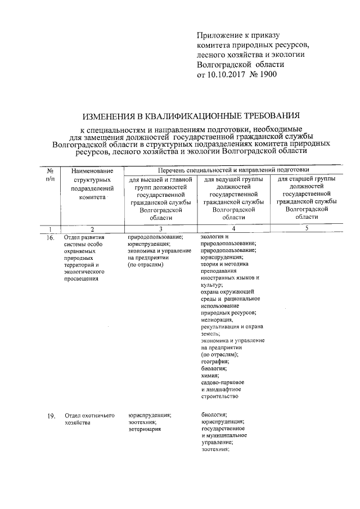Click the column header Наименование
pyautogui.click(x=92, y=170)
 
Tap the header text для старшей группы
pyautogui.click(x=307, y=178)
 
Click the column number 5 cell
pyautogui.click(x=307, y=229)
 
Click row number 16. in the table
pyautogui.click(x=51, y=238)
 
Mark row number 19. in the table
pyautogui.click(x=51, y=416)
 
